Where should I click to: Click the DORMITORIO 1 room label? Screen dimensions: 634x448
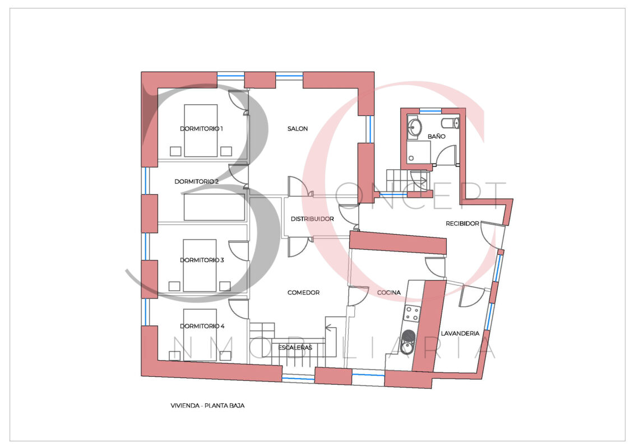(201, 129)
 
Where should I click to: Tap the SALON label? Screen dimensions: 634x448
(298, 129)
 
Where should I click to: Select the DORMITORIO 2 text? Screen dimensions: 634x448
(197, 182)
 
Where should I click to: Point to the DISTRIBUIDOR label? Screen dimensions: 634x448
(312, 219)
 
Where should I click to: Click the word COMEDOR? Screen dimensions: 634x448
(303, 292)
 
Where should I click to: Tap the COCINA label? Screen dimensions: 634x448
(389, 292)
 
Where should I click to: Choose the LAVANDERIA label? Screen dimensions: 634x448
(460, 334)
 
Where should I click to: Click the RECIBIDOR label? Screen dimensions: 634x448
(462, 223)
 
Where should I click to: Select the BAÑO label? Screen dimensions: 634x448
(437, 137)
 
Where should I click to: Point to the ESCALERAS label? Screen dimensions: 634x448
(295, 347)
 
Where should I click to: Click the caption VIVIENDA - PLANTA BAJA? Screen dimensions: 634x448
(207, 405)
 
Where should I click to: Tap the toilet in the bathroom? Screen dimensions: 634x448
(451, 123)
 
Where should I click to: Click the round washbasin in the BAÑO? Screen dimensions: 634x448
(414, 127)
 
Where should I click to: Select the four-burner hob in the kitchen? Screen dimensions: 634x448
(412, 314)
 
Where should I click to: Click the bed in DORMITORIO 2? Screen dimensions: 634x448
(214, 207)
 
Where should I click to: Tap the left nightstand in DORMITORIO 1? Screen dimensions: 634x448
(175, 151)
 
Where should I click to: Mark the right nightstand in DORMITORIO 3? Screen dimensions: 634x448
(225, 286)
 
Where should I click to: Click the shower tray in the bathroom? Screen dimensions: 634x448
(419, 152)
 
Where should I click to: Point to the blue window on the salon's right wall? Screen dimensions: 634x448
(369, 129)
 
